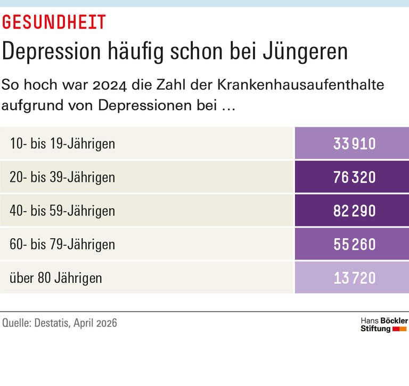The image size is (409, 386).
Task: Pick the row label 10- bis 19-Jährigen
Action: pyautogui.click(x=62, y=144)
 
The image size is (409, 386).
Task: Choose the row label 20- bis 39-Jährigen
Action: pyautogui.click(x=62, y=177)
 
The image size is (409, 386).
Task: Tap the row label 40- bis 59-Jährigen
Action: pyautogui.click(x=62, y=211)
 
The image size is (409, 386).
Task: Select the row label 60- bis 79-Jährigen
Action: pyautogui.click(x=62, y=244)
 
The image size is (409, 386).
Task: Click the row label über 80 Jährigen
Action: pyautogui.click(x=56, y=278)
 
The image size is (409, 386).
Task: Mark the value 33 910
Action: pyautogui.click(x=355, y=144)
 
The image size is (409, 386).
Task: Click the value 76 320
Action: pyautogui.click(x=355, y=177)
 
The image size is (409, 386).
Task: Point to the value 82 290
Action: pyautogui.click(x=355, y=211)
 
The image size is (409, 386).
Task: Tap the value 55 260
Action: pyautogui.click(x=355, y=244)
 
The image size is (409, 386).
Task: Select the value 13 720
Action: pyautogui.click(x=355, y=278)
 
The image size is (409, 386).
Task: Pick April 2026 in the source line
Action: pyautogui.click(x=95, y=323)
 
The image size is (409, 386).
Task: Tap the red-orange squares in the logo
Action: pyautogui.click(x=400, y=329)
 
